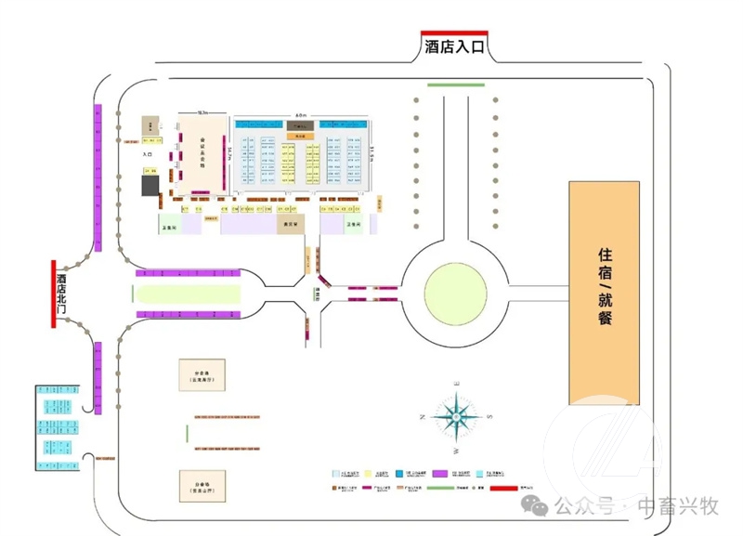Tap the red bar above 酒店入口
pyautogui.click(x=455, y=33)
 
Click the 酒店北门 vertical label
pyautogui.click(x=62, y=294)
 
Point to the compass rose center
pyautogui.click(x=456, y=416)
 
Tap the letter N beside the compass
pyautogui.click(x=423, y=417)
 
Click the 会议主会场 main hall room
pyautogui.click(x=202, y=153)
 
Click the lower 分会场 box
pyautogui.click(x=202, y=486)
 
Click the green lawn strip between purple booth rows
pyautogui.click(x=188, y=294)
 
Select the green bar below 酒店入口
pyautogui.click(x=455, y=85)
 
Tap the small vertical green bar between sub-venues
pyautogui.click(x=187, y=433)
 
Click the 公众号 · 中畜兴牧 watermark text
pyautogui.click(x=636, y=506)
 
